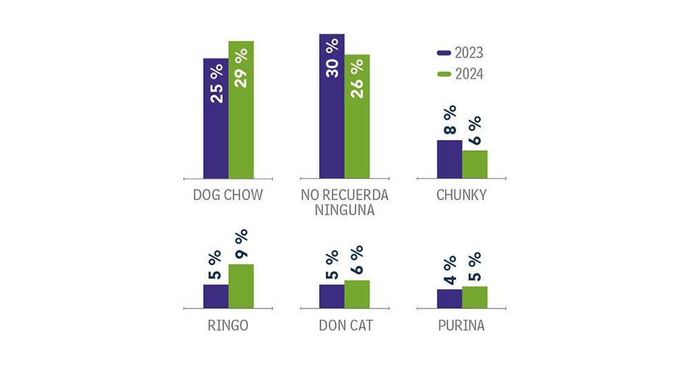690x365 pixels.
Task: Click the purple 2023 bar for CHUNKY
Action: click(x=449, y=159)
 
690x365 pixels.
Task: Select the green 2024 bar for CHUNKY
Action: click(x=475, y=165)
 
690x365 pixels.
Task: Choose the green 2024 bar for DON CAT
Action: click(x=357, y=294)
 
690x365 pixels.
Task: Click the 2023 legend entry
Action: click(x=460, y=53)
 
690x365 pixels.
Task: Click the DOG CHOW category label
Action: click(x=228, y=196)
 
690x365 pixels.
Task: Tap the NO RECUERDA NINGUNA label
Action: click(x=344, y=202)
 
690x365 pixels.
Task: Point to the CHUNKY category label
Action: click(x=462, y=196)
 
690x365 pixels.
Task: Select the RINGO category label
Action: click(x=228, y=326)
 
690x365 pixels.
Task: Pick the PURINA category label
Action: click(x=462, y=326)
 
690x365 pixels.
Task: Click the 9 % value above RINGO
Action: click(x=241, y=244)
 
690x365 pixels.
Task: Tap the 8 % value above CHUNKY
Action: click(x=449, y=121)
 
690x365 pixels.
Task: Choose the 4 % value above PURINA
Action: click(x=449, y=270)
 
